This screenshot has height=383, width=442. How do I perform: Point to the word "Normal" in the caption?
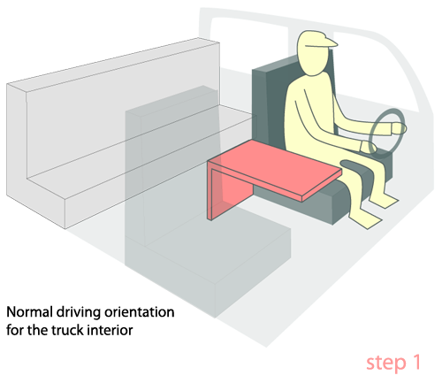point(29,312)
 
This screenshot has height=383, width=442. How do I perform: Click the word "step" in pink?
point(386,364)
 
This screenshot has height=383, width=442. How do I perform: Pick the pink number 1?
point(416,362)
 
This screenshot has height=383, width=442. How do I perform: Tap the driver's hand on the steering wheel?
point(399,129)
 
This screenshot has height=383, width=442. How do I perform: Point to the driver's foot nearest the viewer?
point(367,219)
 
